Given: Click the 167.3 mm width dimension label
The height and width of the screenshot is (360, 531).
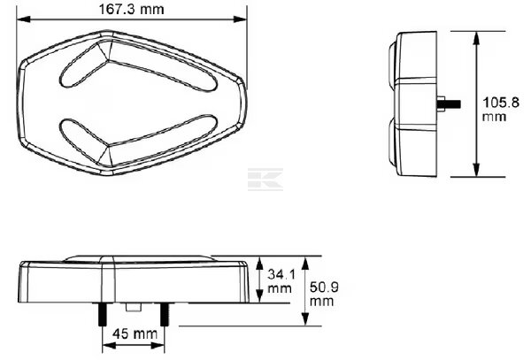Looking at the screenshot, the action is [131, 9].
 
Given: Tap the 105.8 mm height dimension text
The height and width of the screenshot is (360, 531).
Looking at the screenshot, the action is [501, 109].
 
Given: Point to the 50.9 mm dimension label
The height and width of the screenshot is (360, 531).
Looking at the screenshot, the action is [324, 294].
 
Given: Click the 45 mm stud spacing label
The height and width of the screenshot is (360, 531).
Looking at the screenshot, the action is [135, 334].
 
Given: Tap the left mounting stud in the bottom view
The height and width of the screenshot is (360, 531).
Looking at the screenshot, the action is [103, 315].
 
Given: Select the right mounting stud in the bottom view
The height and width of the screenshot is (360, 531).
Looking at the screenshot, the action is [165, 315].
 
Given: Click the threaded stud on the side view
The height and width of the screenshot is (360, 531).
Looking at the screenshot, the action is [449, 103].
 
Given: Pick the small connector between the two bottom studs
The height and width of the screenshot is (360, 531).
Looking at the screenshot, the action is [134, 307].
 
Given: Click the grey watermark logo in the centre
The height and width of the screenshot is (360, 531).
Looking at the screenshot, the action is [265, 179].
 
